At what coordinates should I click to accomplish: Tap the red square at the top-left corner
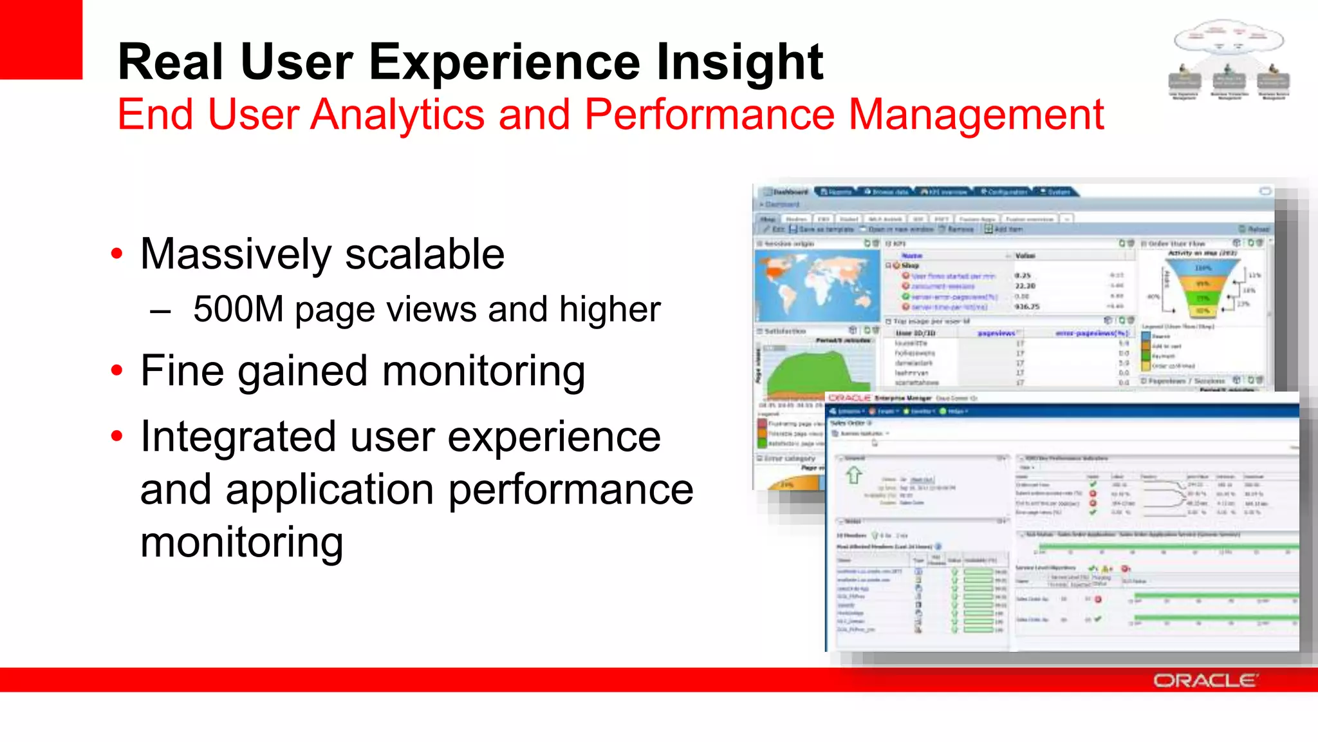click(x=41, y=39)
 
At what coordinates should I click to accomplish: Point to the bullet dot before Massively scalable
click(x=116, y=254)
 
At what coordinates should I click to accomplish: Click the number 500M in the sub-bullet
click(x=238, y=309)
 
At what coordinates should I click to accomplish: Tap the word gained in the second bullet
click(x=302, y=372)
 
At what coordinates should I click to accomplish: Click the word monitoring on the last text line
click(x=241, y=542)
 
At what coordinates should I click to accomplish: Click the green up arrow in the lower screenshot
click(x=854, y=475)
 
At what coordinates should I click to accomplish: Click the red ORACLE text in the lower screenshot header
click(x=849, y=398)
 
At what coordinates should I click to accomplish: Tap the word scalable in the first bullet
click(x=424, y=254)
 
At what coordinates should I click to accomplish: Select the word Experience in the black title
click(x=505, y=62)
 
